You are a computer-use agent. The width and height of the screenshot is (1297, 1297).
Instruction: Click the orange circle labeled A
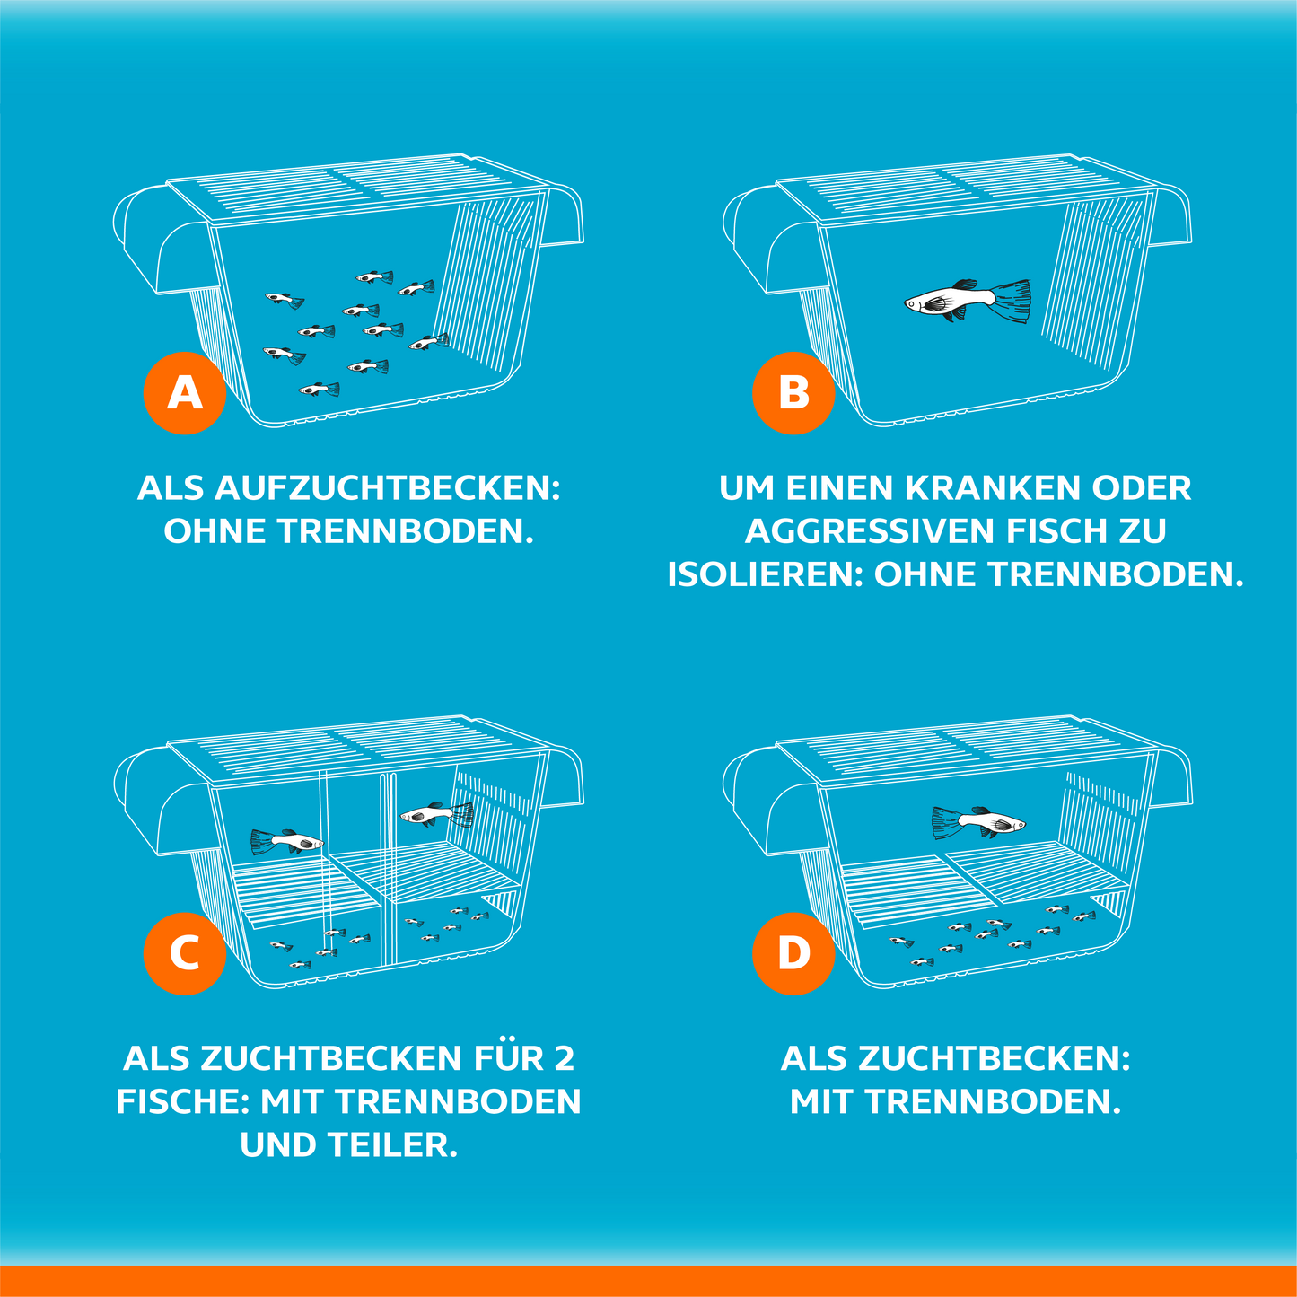[184, 393]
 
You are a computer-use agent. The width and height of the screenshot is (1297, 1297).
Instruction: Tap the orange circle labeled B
[793, 393]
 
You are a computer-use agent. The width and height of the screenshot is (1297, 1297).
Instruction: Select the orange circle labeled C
[184, 954]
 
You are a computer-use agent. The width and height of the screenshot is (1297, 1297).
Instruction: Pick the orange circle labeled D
[793, 954]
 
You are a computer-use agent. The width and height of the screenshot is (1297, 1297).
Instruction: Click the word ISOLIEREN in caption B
[765, 574]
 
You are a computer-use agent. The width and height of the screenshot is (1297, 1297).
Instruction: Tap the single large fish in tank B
[968, 301]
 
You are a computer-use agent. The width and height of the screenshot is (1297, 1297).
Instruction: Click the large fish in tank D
[978, 823]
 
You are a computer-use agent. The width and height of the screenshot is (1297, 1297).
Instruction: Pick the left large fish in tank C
[287, 841]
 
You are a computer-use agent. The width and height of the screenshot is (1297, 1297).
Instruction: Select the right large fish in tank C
[437, 815]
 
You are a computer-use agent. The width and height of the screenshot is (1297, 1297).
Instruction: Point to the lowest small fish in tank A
[319, 389]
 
